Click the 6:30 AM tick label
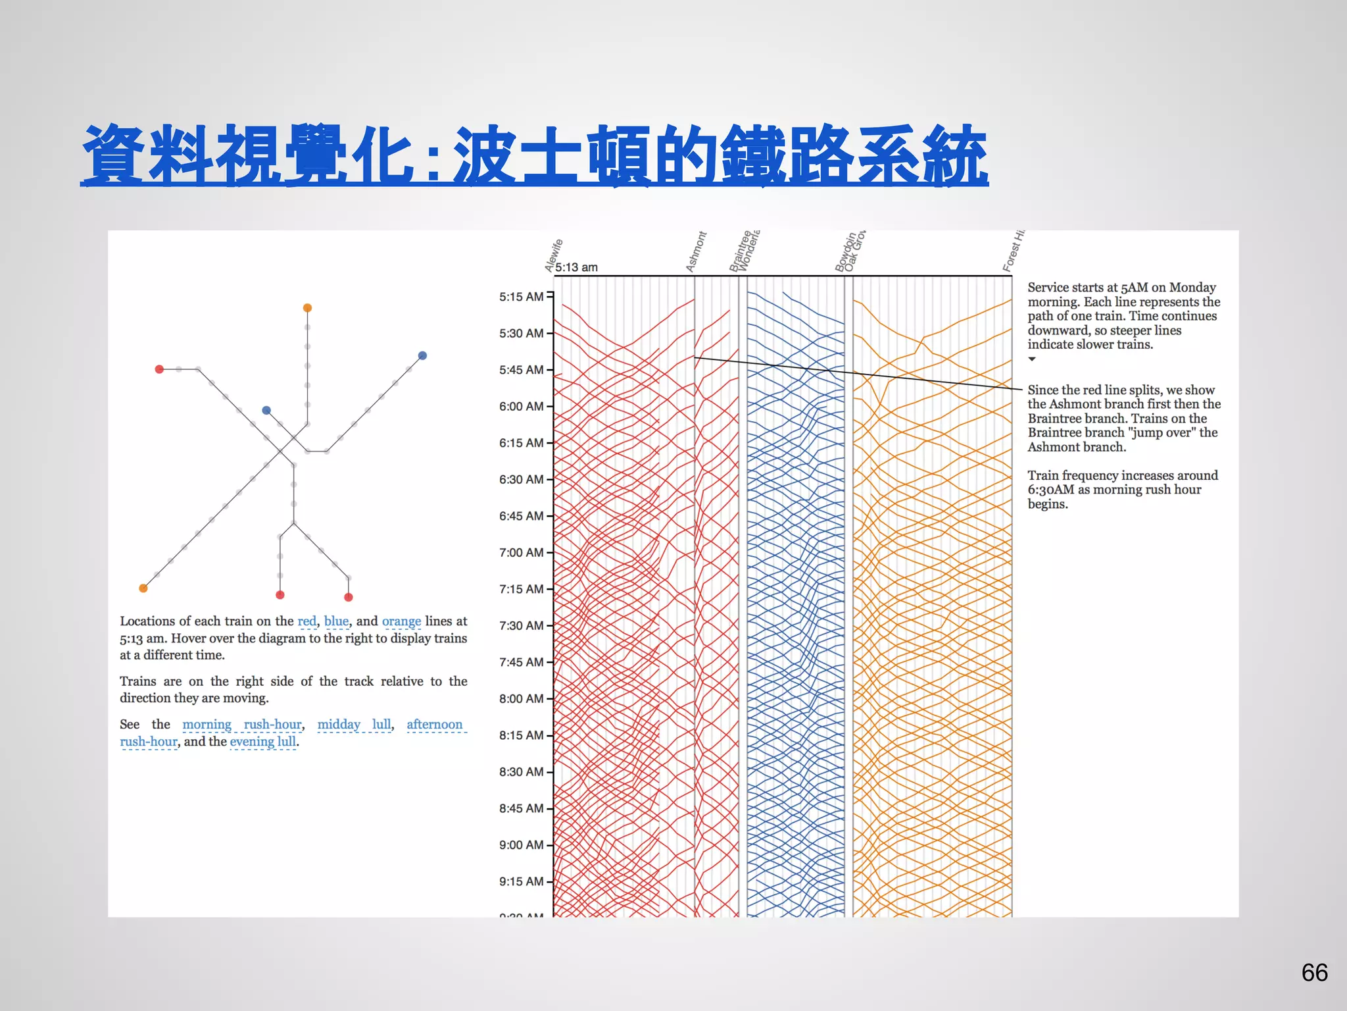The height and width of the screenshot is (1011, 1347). tap(521, 480)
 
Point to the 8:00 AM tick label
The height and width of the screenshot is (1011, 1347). tap(521, 699)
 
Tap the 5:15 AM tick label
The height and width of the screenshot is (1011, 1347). tap(521, 297)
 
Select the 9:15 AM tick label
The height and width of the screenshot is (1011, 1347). tap(521, 882)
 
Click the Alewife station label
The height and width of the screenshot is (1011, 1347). tap(554, 255)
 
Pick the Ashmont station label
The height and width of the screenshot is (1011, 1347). tap(695, 251)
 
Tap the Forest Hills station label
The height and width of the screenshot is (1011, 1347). tap(1013, 251)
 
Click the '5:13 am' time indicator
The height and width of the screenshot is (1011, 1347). tap(577, 267)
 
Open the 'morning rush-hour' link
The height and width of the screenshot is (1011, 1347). tap(241, 725)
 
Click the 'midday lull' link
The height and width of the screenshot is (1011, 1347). tap(354, 725)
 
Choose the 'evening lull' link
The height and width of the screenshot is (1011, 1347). tap(263, 742)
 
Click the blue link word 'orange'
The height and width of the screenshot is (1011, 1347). tap(401, 621)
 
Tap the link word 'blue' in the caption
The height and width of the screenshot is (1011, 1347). tap(336, 621)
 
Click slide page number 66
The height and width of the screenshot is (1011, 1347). tap(1314, 973)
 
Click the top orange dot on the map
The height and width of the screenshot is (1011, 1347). tap(307, 308)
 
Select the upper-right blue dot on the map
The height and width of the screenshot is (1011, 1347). tap(423, 355)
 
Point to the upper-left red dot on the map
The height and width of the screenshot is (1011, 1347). tap(159, 369)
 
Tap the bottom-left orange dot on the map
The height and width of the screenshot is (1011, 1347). tap(143, 588)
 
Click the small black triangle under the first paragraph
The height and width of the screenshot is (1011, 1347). tap(1032, 359)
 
